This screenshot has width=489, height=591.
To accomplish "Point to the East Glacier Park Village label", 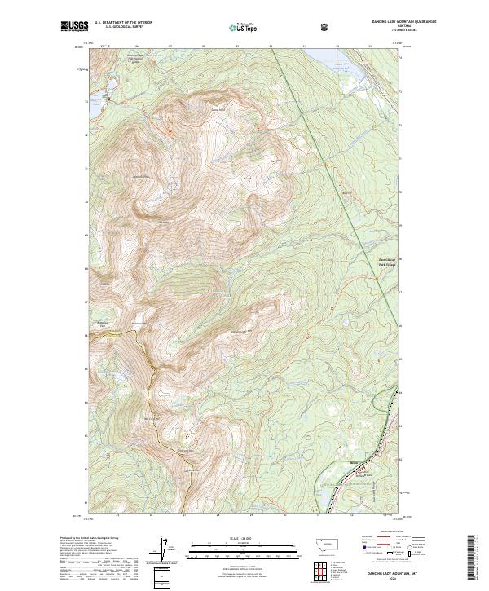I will coord(368,262).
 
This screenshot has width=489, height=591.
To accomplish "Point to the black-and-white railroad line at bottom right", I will coord(350,481).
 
